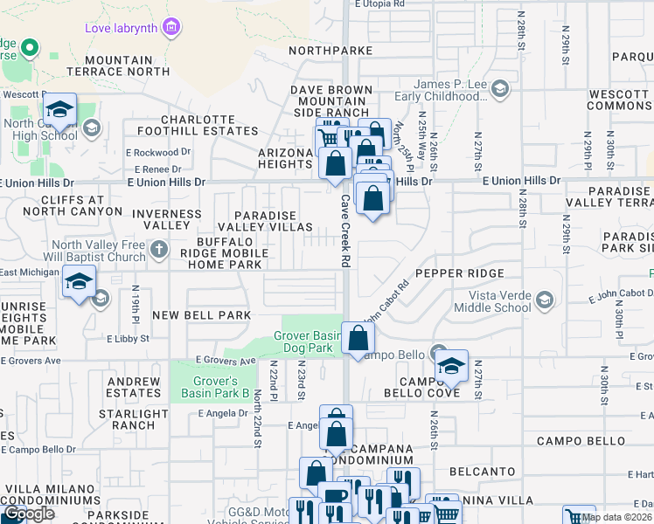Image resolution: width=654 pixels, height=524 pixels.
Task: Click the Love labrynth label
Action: click(x=121, y=28)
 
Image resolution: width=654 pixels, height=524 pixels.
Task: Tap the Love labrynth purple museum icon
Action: click(x=172, y=28)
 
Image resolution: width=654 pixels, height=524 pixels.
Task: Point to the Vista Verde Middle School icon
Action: click(x=545, y=301)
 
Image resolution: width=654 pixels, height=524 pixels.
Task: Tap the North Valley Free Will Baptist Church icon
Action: click(x=158, y=251)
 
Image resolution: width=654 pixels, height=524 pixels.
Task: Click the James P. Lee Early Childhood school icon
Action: click(x=499, y=89)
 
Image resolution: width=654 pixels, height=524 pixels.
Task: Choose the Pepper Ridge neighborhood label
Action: click(x=461, y=273)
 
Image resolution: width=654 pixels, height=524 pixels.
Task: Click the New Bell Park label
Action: click(x=201, y=314)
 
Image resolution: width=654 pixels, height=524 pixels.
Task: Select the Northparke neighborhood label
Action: click(x=330, y=51)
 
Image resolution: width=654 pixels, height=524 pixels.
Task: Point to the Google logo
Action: click(x=30, y=514)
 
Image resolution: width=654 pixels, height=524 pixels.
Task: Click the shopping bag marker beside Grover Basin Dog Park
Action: click(x=358, y=339)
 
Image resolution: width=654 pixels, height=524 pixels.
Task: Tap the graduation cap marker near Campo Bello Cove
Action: click(x=452, y=367)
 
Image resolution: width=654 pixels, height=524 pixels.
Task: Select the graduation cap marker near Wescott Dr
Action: click(x=59, y=110)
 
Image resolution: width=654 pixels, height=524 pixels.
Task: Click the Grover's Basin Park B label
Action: click(x=216, y=387)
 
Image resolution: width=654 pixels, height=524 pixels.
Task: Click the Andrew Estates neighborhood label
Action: click(x=134, y=388)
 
